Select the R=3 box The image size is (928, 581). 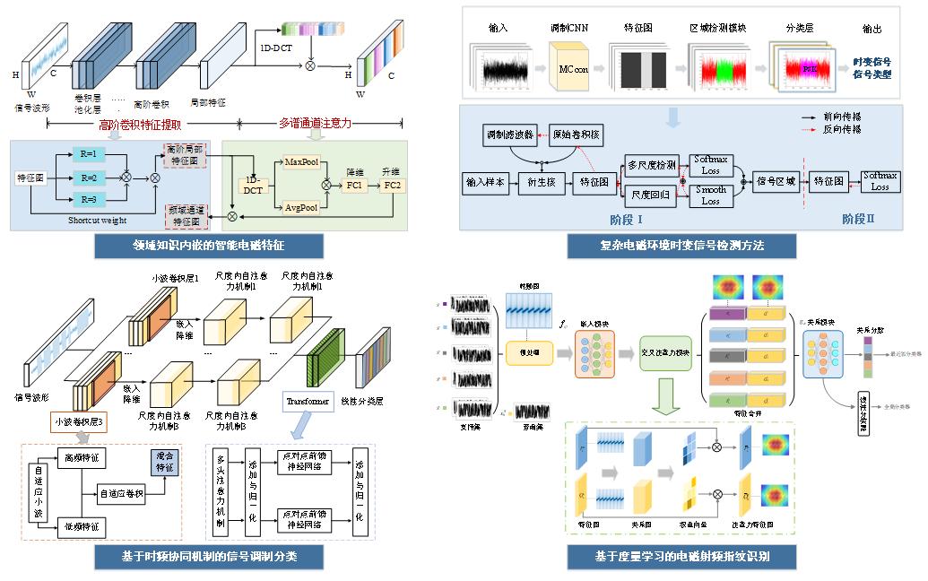[88, 199]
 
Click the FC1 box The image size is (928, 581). [354, 186]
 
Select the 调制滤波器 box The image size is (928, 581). [509, 134]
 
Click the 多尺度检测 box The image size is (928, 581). [651, 165]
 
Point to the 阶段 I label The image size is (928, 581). [620, 218]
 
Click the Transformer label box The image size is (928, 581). [306, 400]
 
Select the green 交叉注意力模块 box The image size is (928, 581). [666, 352]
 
